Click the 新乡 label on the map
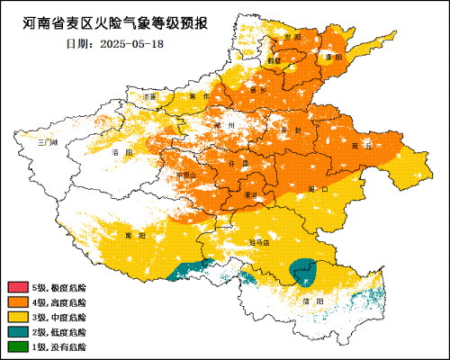pyautogui.click(x=259, y=90)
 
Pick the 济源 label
pyautogui.click(x=150, y=95)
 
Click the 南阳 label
pyautogui.click(x=136, y=235)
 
